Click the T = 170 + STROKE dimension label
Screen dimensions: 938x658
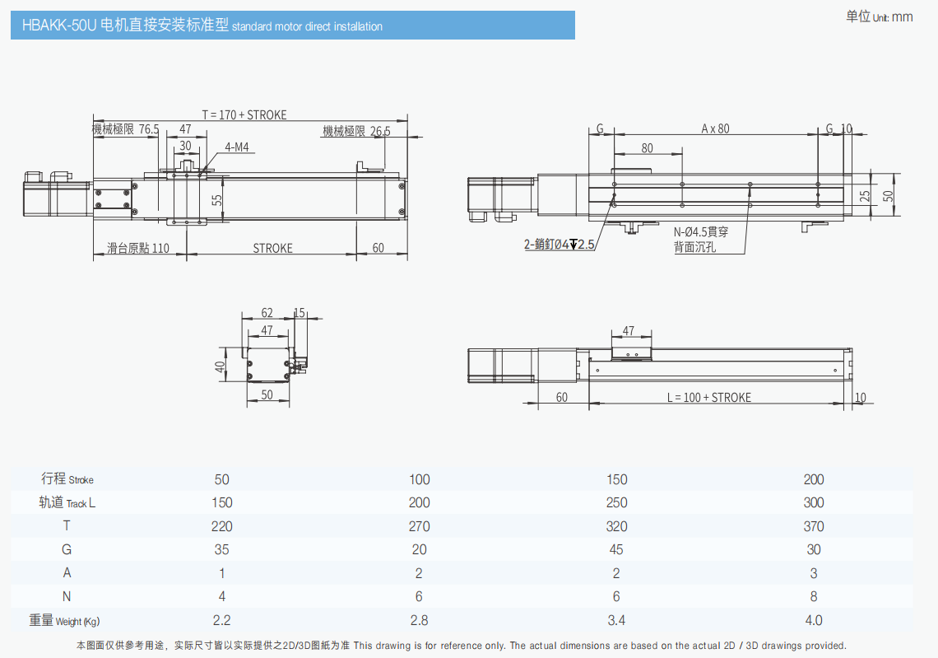(x=244, y=114)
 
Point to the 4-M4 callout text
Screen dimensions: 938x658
(x=237, y=147)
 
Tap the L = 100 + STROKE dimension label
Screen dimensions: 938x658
(x=709, y=398)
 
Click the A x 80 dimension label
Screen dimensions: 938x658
(x=716, y=128)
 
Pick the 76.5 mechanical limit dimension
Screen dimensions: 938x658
(x=149, y=129)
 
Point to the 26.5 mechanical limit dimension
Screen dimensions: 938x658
(x=380, y=131)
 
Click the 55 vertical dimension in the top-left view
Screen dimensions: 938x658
(x=217, y=199)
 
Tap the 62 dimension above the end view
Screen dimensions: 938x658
(x=267, y=313)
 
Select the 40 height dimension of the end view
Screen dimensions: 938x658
(x=221, y=366)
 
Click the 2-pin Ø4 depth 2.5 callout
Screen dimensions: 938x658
(x=560, y=245)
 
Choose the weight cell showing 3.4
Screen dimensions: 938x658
(x=616, y=620)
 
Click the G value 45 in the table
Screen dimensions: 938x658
(x=616, y=549)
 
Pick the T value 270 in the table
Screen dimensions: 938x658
(x=419, y=526)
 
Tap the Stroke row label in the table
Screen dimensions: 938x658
(x=67, y=479)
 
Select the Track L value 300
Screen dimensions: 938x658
(x=814, y=503)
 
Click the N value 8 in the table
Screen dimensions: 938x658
(x=814, y=596)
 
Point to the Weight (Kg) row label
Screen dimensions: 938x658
(x=65, y=620)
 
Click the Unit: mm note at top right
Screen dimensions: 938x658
(x=880, y=16)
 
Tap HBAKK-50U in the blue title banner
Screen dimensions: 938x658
(x=59, y=26)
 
